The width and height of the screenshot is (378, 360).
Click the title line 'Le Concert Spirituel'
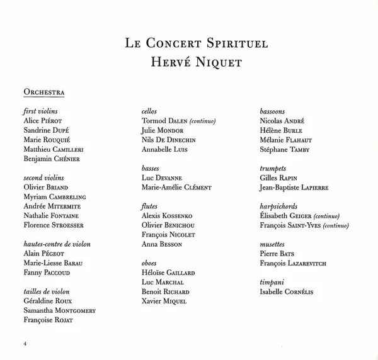coord(188,45)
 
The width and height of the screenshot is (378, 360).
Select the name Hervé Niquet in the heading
coord(188,64)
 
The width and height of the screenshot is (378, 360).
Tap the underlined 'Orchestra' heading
coord(44,93)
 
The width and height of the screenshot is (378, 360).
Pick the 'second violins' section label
coord(42,178)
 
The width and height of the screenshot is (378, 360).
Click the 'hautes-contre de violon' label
coord(57,244)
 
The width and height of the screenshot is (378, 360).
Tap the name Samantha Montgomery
coord(60,310)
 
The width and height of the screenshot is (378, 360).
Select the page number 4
coord(25,343)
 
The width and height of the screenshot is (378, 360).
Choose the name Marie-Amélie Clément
coord(177,188)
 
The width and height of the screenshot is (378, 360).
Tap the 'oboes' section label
coord(149,263)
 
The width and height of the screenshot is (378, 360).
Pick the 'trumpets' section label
coord(273,169)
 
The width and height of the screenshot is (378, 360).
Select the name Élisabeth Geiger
coord(282,216)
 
